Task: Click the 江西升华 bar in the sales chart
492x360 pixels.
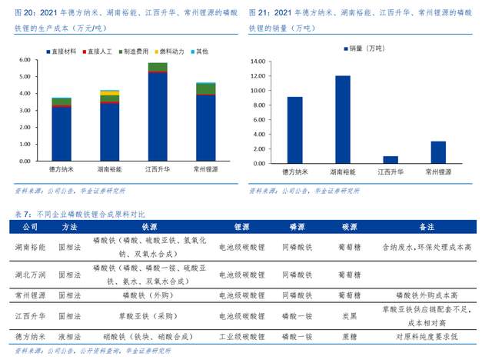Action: click(x=391, y=159)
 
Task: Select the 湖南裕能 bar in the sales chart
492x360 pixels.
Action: click(x=342, y=119)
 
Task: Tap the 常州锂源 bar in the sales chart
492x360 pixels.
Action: click(x=438, y=152)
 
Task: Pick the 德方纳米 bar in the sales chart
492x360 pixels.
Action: click(x=294, y=130)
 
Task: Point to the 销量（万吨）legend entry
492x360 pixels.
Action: click(x=365, y=48)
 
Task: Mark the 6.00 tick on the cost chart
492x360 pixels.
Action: click(x=25, y=59)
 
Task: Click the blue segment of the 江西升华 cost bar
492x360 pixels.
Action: click(x=158, y=115)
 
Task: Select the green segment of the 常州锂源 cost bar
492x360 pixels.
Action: click(x=206, y=88)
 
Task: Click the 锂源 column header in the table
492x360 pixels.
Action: click(x=241, y=228)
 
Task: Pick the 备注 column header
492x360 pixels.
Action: click(x=427, y=228)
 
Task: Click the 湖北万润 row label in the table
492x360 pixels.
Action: click(x=30, y=275)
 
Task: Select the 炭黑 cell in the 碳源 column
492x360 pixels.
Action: click(x=349, y=315)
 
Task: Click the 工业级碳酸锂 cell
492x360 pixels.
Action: click(x=241, y=336)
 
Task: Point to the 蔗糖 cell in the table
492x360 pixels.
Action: click(x=349, y=336)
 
